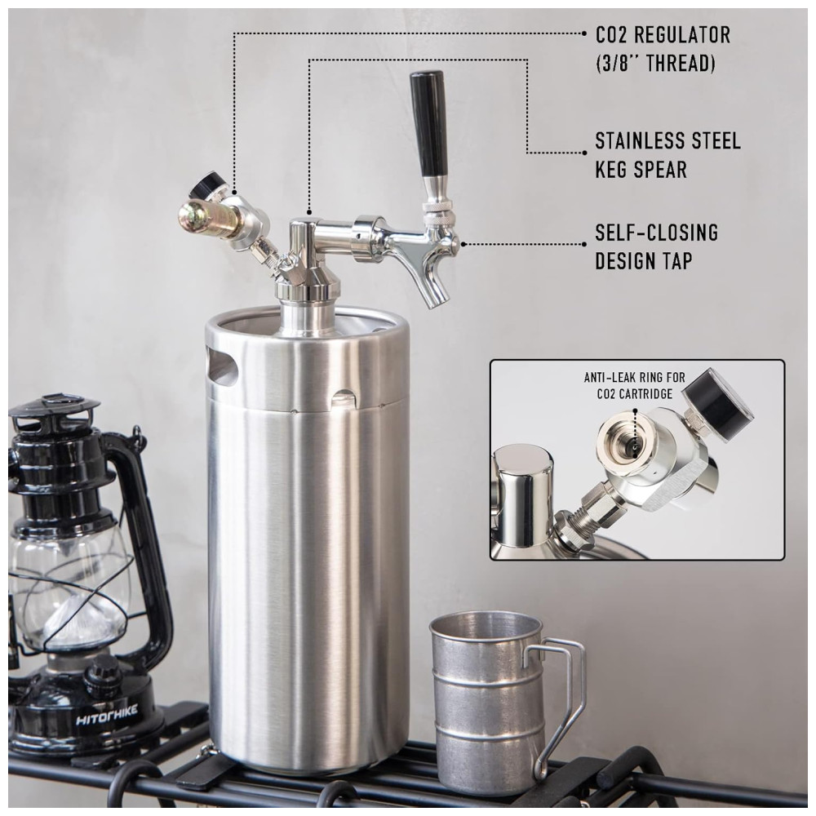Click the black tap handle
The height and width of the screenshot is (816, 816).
pos(428,124)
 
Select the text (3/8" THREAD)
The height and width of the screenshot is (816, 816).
pos(655,63)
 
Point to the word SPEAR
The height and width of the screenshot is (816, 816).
pos(661,170)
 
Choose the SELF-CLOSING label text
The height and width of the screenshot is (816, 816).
pos(657,232)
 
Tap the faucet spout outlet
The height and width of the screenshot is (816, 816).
pos(436,299)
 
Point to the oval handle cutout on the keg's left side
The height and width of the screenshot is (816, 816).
pos(222,367)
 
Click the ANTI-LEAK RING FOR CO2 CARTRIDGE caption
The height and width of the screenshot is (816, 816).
pos(634,385)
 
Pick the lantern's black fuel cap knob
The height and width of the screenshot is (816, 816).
pos(99,671)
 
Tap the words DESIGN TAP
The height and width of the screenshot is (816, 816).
pos(644,261)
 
